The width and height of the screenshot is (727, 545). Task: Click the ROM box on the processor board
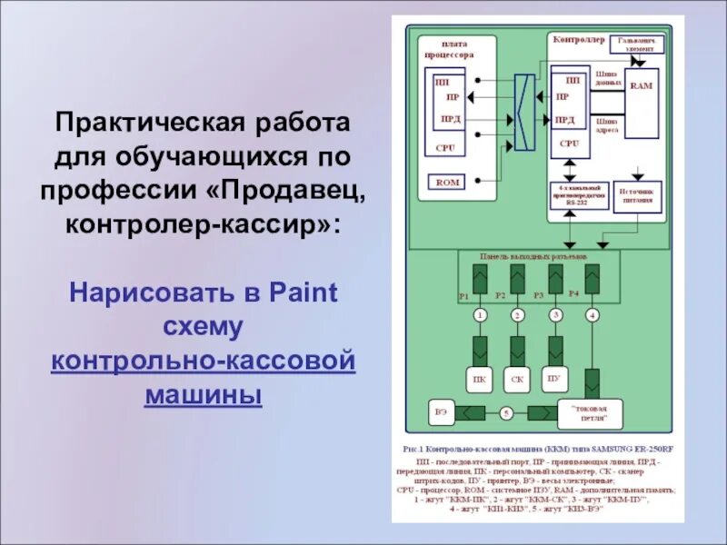pos(449,182)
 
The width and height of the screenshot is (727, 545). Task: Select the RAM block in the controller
pos(642,85)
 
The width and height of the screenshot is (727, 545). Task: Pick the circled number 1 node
pos(480,314)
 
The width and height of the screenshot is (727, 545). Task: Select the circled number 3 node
pos(555,314)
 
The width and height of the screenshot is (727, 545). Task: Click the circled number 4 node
pos(593,314)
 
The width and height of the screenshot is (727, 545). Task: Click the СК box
pos(517,379)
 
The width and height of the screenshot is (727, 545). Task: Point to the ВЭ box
pos(442,413)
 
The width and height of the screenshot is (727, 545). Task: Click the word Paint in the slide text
pos(304,293)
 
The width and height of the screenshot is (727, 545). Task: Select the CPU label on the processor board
pos(444,146)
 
